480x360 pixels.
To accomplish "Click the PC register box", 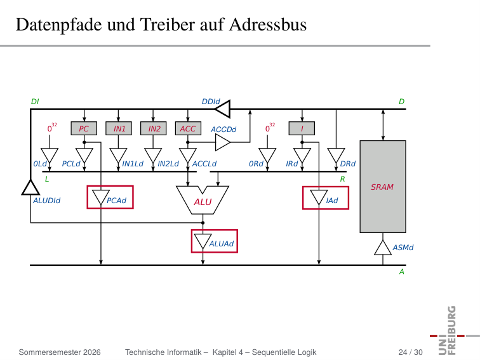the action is point(84,128).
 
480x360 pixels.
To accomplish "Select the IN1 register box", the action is point(119,128).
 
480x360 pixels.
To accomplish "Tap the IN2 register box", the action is point(154,128).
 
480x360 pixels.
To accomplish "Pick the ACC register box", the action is point(188,128).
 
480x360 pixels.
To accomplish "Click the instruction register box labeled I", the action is point(302,128).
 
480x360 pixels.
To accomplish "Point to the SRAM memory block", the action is point(383,187).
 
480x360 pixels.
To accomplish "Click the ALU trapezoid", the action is point(203,201).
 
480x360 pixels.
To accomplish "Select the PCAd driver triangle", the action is point(101,197).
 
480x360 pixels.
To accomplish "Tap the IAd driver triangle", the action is point(319,197).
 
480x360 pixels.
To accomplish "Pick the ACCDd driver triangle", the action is point(223,142).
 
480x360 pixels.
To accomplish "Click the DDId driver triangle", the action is point(222,109).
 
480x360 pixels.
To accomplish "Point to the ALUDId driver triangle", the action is point(30,188).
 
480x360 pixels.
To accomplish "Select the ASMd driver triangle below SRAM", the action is point(383,248).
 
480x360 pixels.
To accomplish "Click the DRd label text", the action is point(348,164).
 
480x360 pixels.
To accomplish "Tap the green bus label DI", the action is point(35,102).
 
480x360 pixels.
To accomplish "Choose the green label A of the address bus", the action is point(402,272).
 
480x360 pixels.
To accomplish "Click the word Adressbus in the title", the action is point(268,25).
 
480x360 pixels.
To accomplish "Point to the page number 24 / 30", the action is point(411,352).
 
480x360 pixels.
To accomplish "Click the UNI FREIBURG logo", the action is point(452,331).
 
